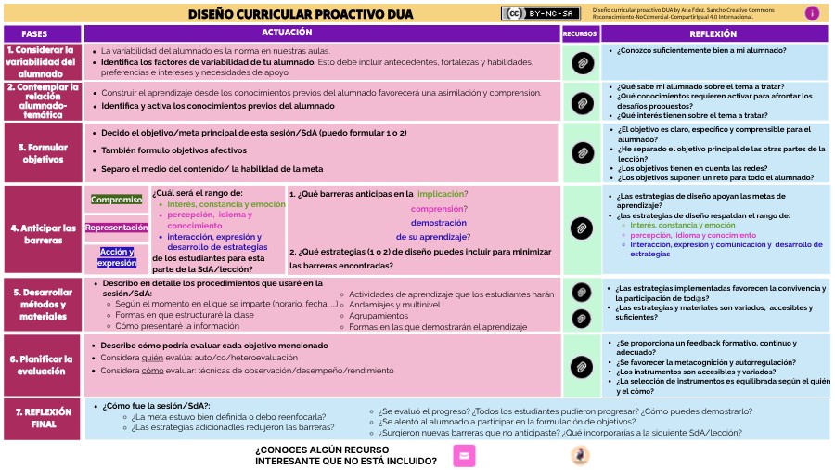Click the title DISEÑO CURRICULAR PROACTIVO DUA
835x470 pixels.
click(340, 14)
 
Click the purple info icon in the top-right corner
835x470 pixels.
click(812, 13)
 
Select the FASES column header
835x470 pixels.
click(41, 33)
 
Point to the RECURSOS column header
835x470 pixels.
click(580, 33)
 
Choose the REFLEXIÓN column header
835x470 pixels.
click(713, 33)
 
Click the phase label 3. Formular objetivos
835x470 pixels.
click(41, 153)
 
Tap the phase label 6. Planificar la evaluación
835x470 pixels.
click(41, 365)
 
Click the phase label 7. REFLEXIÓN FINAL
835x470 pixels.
click(41, 418)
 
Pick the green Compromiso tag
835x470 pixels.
click(116, 200)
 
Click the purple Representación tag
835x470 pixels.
click(116, 228)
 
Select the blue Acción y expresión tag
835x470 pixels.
click(117, 256)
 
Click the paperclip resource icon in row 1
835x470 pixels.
click(582, 62)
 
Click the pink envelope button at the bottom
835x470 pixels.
click(464, 455)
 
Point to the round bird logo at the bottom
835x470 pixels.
click(580, 455)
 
